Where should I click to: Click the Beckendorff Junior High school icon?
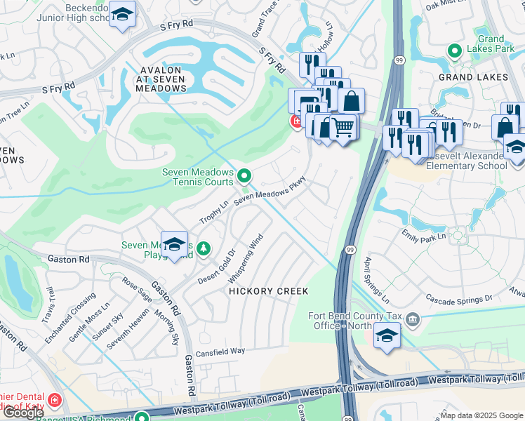tap(123, 15)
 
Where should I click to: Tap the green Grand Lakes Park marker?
tap(455, 51)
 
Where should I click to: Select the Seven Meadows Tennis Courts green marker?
tap(244, 175)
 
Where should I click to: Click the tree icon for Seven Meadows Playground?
tap(204, 248)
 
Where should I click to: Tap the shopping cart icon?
tap(343, 128)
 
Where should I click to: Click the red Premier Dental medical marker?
tap(55, 402)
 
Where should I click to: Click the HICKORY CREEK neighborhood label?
tap(267, 290)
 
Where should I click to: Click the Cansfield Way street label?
tap(220, 351)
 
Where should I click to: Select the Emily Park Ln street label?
tap(423, 237)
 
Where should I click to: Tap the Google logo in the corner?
tap(23, 413)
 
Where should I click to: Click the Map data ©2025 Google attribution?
tap(481, 415)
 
